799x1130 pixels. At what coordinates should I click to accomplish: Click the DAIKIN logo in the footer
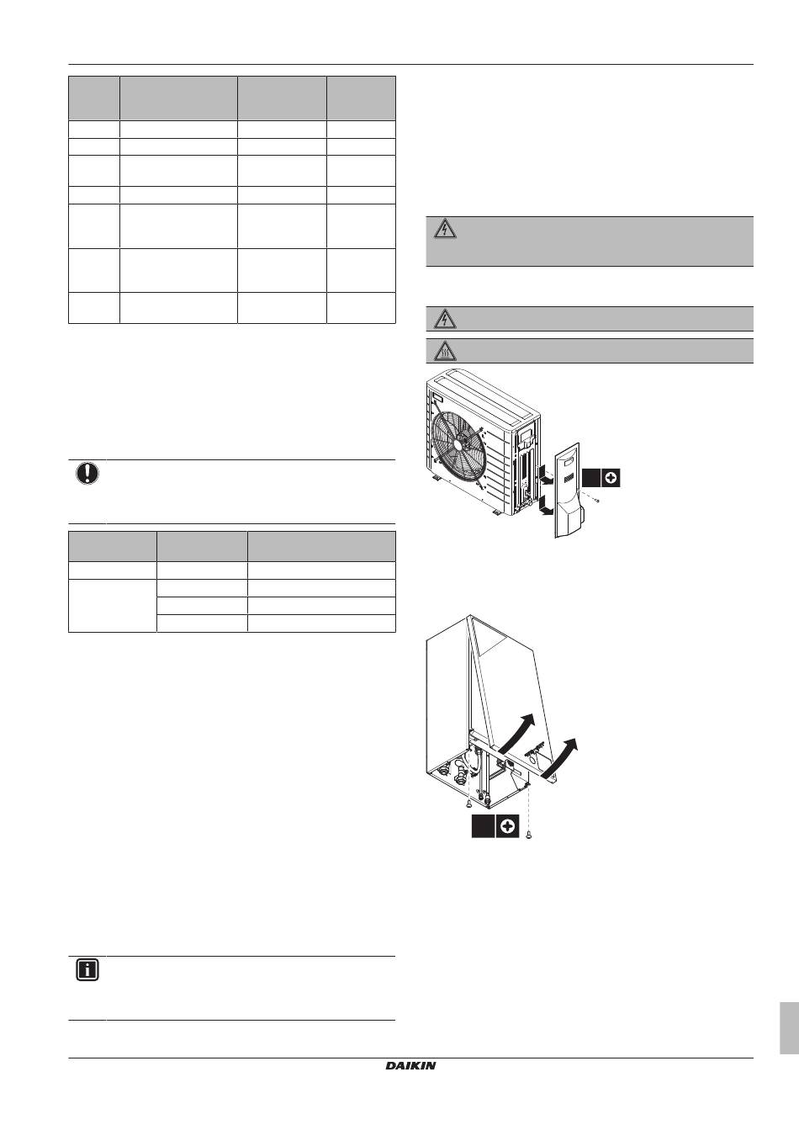[x=411, y=1066]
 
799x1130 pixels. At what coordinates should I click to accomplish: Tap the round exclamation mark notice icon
[x=87, y=474]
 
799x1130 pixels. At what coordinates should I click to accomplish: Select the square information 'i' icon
[x=87, y=970]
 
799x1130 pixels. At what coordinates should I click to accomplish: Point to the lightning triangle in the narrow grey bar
[x=446, y=319]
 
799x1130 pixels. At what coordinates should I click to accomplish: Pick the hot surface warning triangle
[x=446, y=351]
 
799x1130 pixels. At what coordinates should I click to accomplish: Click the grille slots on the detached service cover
[x=568, y=478]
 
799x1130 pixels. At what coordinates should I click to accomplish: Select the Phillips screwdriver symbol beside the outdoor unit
[x=611, y=478]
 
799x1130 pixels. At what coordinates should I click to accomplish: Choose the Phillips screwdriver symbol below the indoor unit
[x=507, y=827]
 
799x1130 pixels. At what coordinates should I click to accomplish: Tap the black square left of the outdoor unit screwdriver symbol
[x=592, y=478]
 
